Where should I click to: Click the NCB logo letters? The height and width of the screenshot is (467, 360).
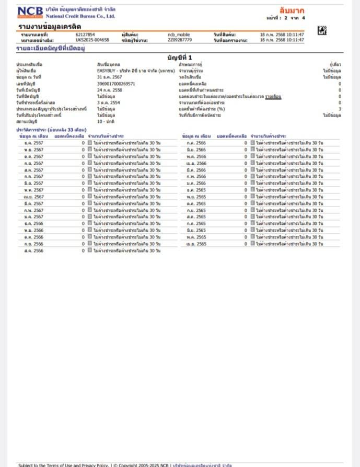point(30,10)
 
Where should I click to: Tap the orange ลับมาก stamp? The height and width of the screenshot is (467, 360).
point(292,10)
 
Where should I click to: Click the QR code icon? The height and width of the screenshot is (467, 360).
point(322,31)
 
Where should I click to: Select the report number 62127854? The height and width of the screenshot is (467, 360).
point(85,35)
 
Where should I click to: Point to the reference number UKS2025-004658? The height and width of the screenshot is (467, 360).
point(92,40)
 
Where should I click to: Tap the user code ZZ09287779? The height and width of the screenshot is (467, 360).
point(180,40)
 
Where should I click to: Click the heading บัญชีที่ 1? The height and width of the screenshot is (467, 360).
point(180,57)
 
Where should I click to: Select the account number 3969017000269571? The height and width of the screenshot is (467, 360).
point(116,83)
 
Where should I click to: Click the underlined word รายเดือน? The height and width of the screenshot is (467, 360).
point(273,96)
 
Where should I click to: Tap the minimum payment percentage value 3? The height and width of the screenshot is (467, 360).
point(339,109)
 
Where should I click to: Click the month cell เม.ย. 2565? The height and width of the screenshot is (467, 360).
point(196,244)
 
